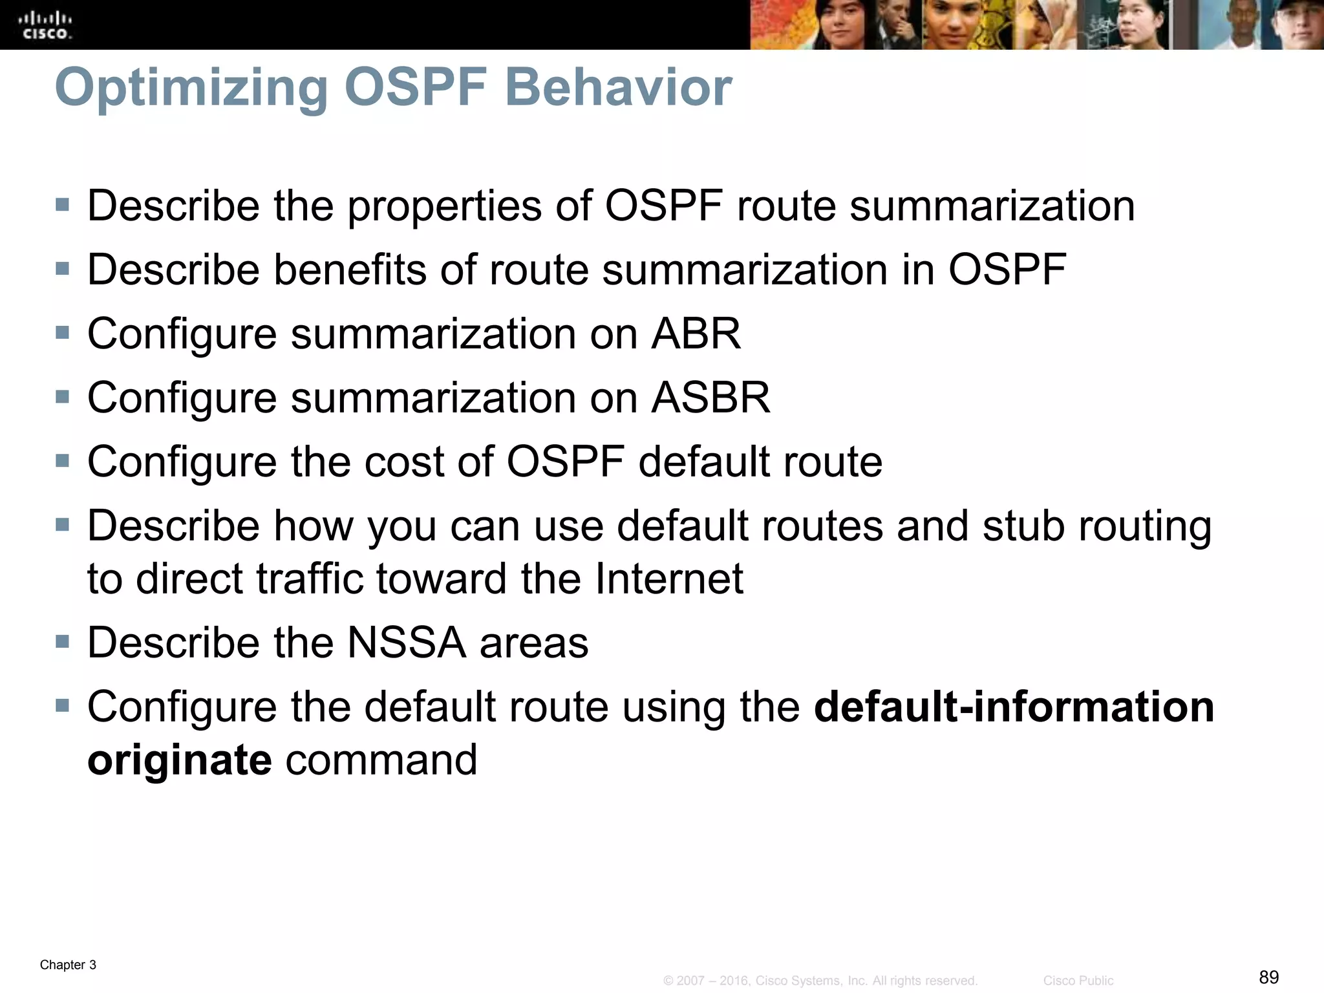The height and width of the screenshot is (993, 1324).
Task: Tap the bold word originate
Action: tap(179, 759)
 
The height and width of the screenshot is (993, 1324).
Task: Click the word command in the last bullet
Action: tap(381, 759)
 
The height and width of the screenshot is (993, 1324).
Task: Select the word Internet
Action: tap(668, 578)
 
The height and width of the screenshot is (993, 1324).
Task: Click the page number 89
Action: tap(1268, 977)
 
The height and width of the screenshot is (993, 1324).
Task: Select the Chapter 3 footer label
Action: tap(68, 965)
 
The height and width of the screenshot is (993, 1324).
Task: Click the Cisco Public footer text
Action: tap(1078, 981)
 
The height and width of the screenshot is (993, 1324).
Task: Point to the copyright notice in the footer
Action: tap(820, 981)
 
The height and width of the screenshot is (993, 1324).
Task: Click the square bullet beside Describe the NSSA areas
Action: tap(62, 642)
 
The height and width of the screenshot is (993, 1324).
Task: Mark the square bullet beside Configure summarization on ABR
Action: tap(62, 334)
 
